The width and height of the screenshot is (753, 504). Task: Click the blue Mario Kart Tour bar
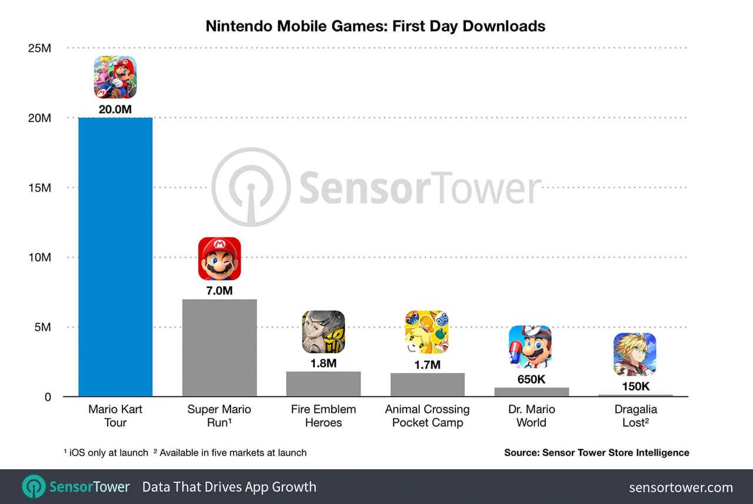click(115, 257)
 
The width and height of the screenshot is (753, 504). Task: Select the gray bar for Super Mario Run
click(219, 347)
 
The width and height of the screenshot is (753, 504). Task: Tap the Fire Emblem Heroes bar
click(324, 384)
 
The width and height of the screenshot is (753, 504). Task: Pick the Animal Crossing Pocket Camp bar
click(428, 384)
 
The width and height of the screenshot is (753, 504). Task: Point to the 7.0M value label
click(219, 290)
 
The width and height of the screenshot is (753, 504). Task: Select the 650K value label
click(531, 379)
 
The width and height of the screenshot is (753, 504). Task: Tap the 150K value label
click(635, 386)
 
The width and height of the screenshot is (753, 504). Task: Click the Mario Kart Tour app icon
click(115, 77)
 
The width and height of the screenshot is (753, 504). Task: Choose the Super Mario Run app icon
click(219, 258)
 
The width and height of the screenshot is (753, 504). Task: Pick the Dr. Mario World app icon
click(530, 347)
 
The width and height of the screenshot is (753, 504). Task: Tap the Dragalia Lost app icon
click(635, 354)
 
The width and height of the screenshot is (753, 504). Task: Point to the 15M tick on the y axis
click(39, 188)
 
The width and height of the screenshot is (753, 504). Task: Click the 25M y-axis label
click(39, 48)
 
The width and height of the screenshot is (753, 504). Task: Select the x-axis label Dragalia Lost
click(635, 416)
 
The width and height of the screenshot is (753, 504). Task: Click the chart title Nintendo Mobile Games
click(375, 26)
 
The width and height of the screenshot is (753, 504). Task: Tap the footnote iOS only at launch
click(106, 453)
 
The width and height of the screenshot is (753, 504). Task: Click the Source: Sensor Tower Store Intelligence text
click(597, 453)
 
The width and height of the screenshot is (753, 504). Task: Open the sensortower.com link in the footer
click(681, 488)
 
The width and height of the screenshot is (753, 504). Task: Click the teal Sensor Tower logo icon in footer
click(34, 487)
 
